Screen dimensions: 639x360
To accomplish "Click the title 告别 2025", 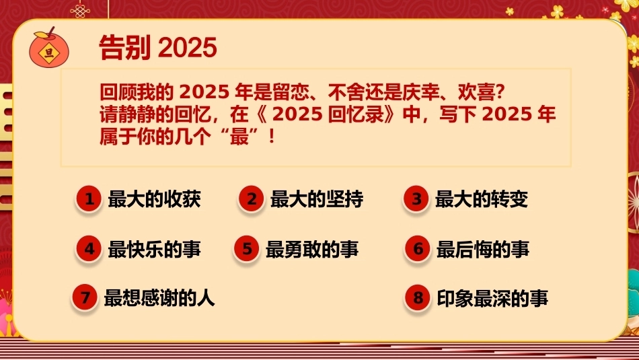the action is [x=157, y=47].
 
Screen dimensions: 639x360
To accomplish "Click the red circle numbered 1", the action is [x=88, y=199].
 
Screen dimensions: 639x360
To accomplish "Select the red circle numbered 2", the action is [x=251, y=199].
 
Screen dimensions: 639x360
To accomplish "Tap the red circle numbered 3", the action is [x=416, y=199].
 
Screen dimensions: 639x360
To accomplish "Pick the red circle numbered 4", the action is [x=88, y=249].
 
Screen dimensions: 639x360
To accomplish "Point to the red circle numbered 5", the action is [x=247, y=249].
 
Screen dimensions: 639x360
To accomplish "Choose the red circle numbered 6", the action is [x=417, y=249].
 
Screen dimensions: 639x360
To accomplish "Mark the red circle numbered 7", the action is [x=84, y=297].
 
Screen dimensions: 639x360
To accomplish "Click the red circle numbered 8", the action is [x=417, y=297].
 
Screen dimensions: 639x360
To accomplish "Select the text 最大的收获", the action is [x=155, y=199].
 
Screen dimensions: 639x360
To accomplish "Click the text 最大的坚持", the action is [x=317, y=199].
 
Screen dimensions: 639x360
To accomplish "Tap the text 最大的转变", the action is [x=482, y=199].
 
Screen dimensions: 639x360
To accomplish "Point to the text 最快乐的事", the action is [x=155, y=249].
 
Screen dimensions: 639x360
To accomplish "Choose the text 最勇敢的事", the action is [x=312, y=249].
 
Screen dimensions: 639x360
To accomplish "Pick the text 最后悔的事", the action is [x=483, y=249].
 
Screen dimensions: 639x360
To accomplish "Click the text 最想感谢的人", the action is [x=159, y=297].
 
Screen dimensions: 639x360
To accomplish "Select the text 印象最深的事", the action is [x=492, y=297].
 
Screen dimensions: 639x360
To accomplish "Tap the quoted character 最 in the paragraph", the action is [x=239, y=137].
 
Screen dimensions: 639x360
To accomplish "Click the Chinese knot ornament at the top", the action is [x=80, y=10].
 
